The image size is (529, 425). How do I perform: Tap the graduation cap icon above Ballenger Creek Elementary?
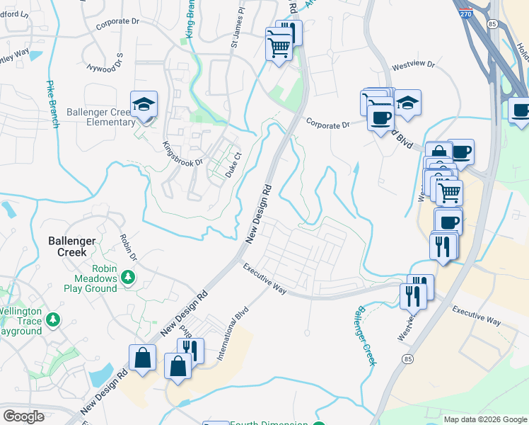point(144,106)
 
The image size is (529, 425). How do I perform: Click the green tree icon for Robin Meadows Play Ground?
point(128,276)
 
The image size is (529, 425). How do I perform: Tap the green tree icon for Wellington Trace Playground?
point(52,320)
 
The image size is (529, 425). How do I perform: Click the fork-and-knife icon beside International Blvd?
point(190,350)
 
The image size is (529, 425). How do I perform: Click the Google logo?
point(24,416)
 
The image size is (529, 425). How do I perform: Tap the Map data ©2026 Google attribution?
point(484,419)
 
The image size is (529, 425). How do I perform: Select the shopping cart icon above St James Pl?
point(279,48)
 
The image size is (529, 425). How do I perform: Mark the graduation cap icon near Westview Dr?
point(407,103)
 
